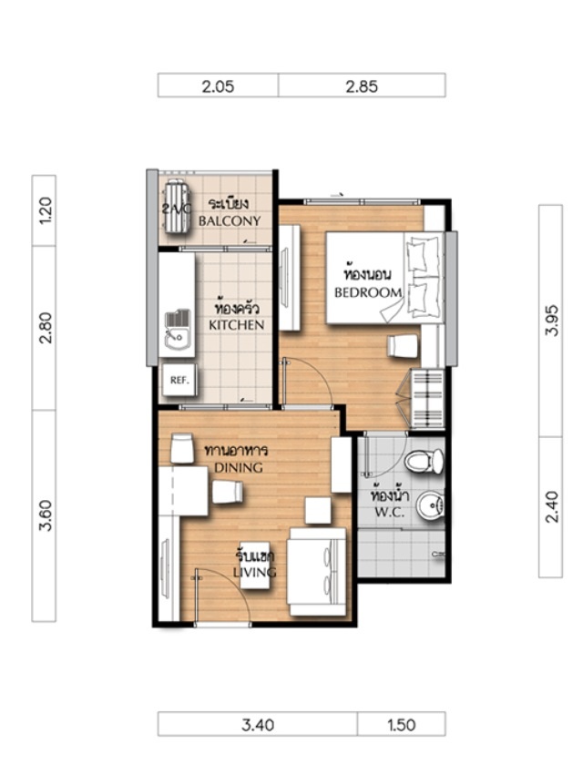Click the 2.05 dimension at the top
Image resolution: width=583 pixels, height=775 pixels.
(218, 87)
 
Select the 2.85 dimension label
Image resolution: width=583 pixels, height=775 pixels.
(362, 87)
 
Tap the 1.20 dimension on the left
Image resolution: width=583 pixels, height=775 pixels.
(45, 210)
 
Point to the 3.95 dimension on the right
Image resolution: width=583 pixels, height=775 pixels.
(551, 321)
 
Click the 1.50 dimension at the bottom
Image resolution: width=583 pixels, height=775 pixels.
(401, 725)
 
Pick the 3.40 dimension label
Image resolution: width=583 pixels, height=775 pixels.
(258, 725)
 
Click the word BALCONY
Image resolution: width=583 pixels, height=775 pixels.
(230, 220)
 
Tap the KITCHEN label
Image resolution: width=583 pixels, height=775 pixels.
(236, 325)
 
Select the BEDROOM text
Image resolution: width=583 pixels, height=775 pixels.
(368, 292)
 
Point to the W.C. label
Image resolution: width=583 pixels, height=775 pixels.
(390, 512)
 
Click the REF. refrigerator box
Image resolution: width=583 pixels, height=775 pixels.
(179, 380)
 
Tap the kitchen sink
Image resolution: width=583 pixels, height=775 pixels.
(178, 330)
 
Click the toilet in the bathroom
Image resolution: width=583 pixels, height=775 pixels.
(424, 461)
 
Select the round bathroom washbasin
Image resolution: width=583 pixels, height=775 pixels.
(430, 505)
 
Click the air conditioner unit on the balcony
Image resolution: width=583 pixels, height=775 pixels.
(177, 206)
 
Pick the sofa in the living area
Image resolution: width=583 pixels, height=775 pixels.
(317, 572)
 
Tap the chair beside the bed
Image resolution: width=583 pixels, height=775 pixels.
(403, 346)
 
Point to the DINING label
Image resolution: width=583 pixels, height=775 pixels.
(239, 467)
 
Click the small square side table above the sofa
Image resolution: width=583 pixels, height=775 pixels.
(318, 510)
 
